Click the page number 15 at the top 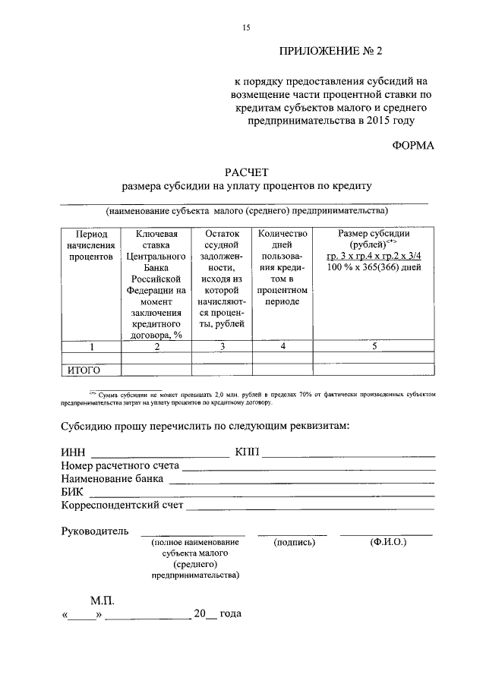click(x=245, y=27)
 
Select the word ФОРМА click(x=413, y=147)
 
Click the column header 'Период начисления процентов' click(x=90, y=245)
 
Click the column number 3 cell click(x=222, y=347)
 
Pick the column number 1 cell click(x=90, y=347)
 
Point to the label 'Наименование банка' click(x=112, y=479)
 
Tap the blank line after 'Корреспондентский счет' click(x=310, y=507)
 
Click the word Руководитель click(x=95, y=531)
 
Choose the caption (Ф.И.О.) click(x=387, y=543)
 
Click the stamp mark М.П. click(x=102, y=600)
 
